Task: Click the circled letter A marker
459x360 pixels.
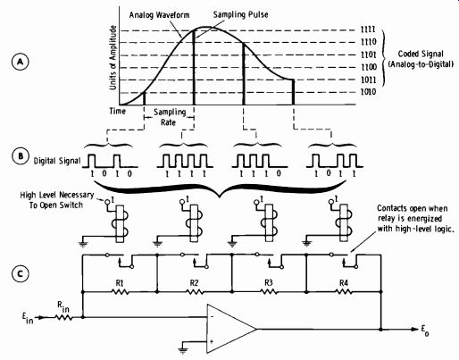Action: click(21, 62)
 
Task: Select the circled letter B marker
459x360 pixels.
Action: click(21, 156)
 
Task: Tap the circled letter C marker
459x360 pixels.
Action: click(21, 273)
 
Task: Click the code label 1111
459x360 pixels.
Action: click(368, 29)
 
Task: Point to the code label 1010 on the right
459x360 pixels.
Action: click(369, 92)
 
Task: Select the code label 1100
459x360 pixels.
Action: click(369, 67)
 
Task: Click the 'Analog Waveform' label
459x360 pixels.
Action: click(159, 15)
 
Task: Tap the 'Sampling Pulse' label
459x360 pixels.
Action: click(240, 14)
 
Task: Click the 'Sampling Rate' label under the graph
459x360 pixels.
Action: click(169, 117)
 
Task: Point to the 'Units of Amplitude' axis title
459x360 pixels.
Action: click(113, 57)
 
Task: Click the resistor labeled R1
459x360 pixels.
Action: click(120, 292)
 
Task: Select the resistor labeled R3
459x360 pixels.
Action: click(269, 292)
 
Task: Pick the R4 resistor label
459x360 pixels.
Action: click(344, 283)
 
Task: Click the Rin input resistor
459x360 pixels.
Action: click(63, 317)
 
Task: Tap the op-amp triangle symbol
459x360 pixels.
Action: click(231, 329)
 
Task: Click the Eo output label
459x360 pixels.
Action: click(424, 330)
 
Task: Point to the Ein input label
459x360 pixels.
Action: click(28, 318)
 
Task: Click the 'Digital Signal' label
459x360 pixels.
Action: click(57, 161)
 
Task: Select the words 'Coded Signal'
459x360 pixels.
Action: click(421, 54)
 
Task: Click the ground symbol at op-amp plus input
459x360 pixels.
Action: click(183, 350)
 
